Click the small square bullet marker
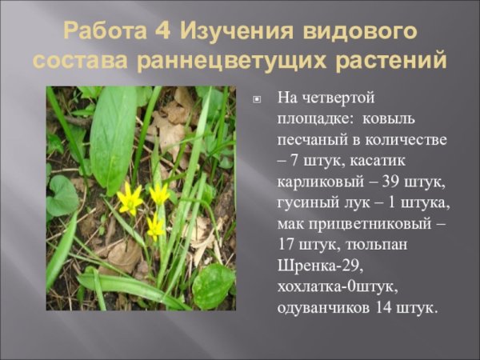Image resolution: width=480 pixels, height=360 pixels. (257, 100)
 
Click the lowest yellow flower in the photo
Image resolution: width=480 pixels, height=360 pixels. (154, 227)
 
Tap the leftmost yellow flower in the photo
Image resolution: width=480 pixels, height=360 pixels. (128, 197)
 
